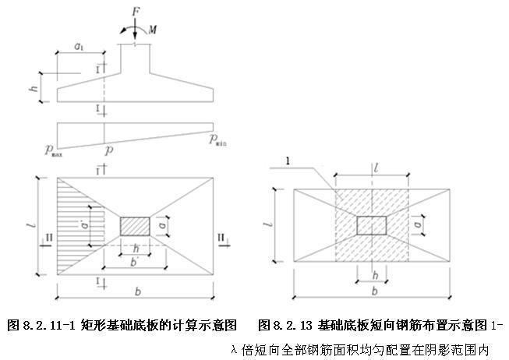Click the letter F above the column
[135, 13]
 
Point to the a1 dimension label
[79, 48]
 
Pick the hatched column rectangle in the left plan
[135, 226]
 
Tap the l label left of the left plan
[30, 227]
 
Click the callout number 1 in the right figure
[288, 161]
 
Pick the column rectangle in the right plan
[372, 225]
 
